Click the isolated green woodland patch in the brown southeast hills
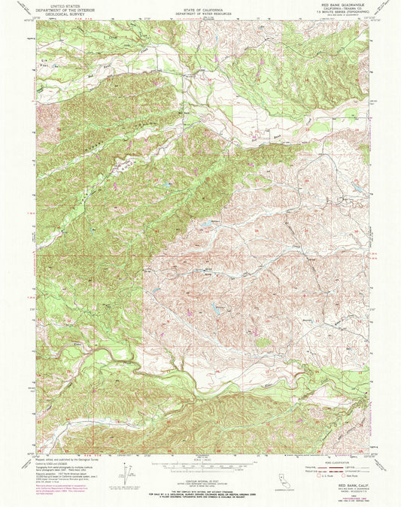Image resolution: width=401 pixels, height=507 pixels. click(x=263, y=342)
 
